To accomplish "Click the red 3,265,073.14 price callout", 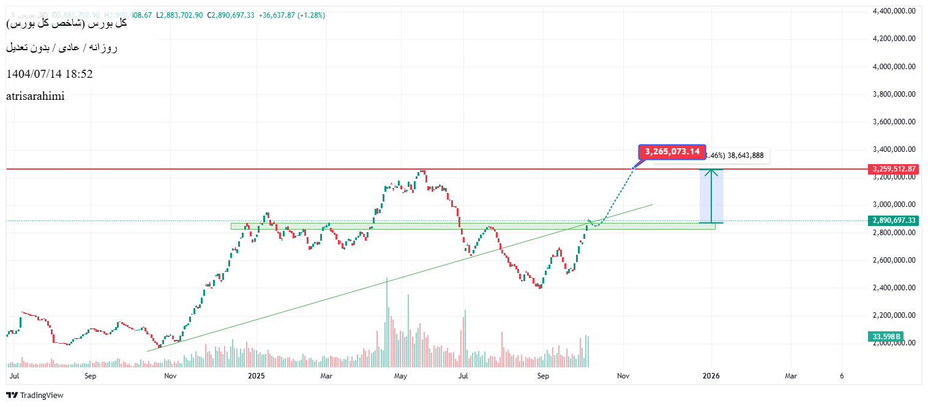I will pyautogui.click(x=672, y=152).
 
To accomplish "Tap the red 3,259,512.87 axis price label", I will pyautogui.click(x=894, y=169).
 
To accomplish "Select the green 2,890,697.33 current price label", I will pyautogui.click(x=894, y=220).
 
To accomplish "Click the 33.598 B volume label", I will pyautogui.click(x=886, y=337).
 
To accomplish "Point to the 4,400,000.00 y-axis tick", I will pyautogui.click(x=894, y=10).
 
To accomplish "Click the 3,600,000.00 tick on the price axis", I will pyautogui.click(x=894, y=121).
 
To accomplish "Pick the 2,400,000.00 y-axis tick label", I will pyautogui.click(x=894, y=288).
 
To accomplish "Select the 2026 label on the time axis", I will pyautogui.click(x=711, y=376).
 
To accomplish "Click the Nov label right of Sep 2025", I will pyautogui.click(x=623, y=376).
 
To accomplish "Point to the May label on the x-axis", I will pyautogui.click(x=400, y=376).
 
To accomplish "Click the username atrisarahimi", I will pyautogui.click(x=35, y=96).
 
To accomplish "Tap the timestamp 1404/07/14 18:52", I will pyautogui.click(x=50, y=74).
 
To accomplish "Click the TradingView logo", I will pyautogui.click(x=35, y=396).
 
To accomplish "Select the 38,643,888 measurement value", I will pyautogui.click(x=745, y=156).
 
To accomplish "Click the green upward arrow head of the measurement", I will pyautogui.click(x=711, y=172).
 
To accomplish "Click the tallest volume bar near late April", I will pyautogui.click(x=387, y=321).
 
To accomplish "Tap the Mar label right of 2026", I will pyautogui.click(x=791, y=376).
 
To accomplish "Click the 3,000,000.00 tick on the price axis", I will pyautogui.click(x=894, y=205).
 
